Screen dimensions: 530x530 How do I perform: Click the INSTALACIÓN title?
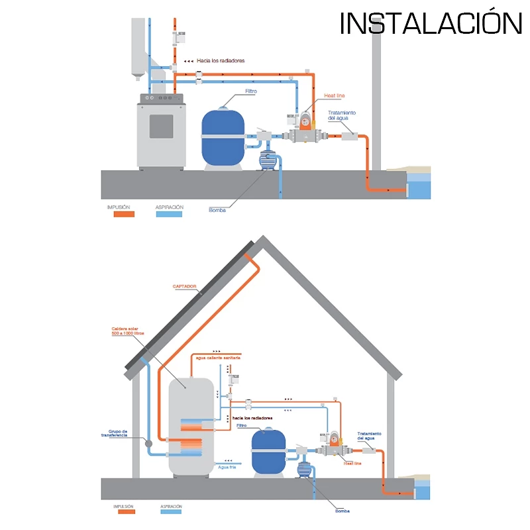(431, 23)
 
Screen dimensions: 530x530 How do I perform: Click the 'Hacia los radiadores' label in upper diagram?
(220, 61)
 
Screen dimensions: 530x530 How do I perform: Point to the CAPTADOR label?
(184, 287)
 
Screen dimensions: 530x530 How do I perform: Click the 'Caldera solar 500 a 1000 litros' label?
(127, 330)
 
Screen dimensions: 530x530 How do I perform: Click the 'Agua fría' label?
(227, 466)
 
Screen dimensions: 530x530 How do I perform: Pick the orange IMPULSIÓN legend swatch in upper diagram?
(121, 215)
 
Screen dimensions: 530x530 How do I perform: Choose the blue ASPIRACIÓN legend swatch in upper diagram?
(169, 215)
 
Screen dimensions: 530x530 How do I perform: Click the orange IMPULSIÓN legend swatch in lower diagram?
(124, 511)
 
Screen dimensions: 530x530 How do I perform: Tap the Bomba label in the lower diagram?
(342, 511)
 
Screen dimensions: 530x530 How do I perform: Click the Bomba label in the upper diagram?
(217, 210)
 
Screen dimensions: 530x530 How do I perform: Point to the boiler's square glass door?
(161, 126)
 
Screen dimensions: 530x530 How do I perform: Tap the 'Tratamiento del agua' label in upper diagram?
(342, 115)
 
